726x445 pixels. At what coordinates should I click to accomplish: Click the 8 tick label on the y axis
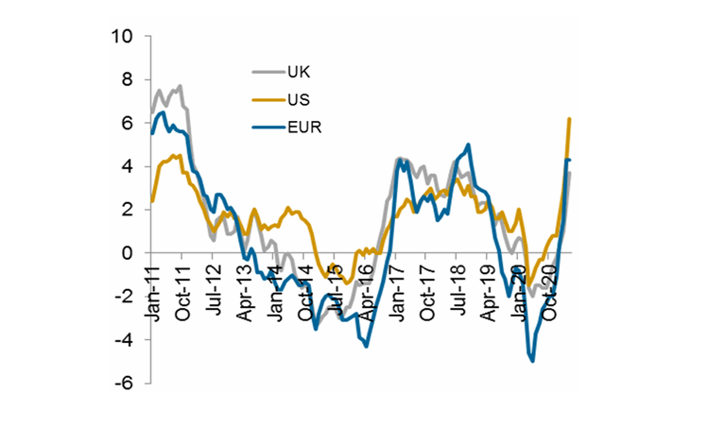point(126,80)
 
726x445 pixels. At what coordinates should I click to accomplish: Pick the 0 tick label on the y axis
point(126,253)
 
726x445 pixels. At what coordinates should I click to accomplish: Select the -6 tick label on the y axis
point(122,384)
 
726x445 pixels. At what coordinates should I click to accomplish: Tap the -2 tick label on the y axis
point(122,297)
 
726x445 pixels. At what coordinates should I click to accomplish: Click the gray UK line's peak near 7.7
point(180,86)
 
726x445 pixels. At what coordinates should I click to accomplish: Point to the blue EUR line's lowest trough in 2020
point(533,361)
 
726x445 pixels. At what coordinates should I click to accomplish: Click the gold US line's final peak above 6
point(569,119)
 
